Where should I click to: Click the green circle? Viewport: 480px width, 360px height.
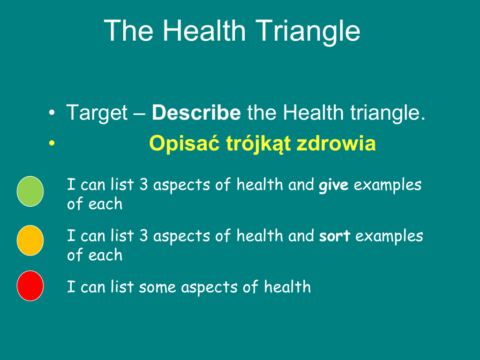click(30, 191)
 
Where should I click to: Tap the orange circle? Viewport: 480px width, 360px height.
click(30, 240)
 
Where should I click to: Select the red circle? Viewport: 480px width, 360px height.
click(30, 286)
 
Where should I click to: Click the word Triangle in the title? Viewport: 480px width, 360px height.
click(307, 31)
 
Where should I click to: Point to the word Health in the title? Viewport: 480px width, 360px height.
click(204, 30)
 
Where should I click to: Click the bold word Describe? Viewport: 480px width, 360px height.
click(196, 112)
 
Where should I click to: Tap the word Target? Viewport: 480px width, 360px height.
click(97, 113)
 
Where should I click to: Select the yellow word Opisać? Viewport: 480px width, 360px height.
click(184, 143)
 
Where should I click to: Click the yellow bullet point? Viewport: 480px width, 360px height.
click(52, 143)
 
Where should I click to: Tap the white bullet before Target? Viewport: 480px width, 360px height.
click(52, 112)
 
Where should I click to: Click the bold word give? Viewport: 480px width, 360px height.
click(334, 185)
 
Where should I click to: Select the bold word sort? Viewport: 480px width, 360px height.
click(335, 236)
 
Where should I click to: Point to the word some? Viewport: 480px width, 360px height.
click(157, 288)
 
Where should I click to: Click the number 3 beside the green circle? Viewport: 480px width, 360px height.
click(143, 184)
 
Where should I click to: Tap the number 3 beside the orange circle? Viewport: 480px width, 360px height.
click(143, 235)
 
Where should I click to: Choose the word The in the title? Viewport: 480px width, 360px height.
click(128, 30)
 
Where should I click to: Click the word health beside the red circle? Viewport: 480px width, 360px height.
click(287, 286)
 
